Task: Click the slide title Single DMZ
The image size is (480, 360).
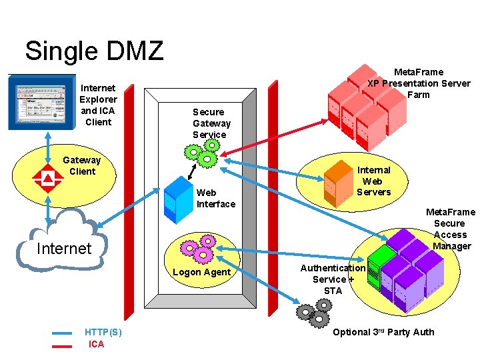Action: (x=94, y=51)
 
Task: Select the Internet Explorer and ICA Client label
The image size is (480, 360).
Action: (x=98, y=105)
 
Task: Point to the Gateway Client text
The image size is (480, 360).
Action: (x=82, y=165)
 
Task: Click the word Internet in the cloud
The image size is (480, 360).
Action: (x=63, y=249)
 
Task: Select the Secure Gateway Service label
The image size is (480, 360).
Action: (x=211, y=123)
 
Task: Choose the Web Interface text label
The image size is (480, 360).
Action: (x=215, y=198)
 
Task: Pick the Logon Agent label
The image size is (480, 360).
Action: (x=201, y=272)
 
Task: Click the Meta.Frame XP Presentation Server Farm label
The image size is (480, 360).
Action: (x=419, y=83)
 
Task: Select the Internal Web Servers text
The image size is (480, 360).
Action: (x=373, y=181)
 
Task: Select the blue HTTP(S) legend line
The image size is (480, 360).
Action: (x=62, y=332)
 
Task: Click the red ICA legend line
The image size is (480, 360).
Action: (x=62, y=345)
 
